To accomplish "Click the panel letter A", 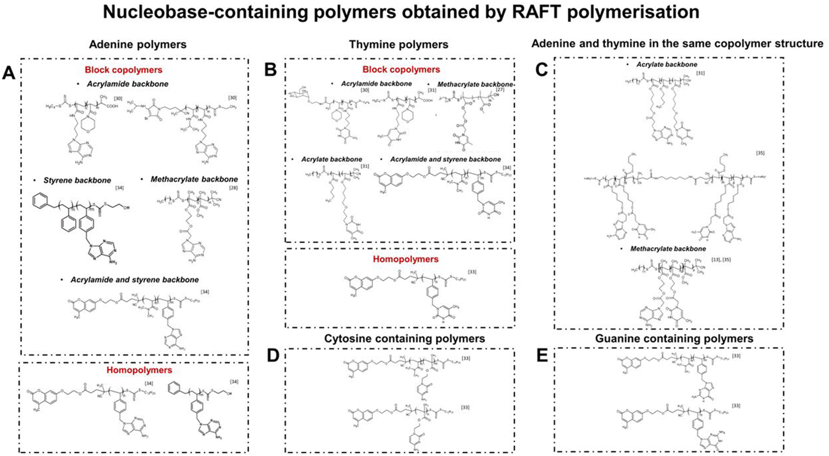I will (9, 74).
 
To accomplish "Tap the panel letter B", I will (271, 70).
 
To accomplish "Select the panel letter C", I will (541, 70).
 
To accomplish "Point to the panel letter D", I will (273, 356).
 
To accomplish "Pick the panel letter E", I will (542, 356).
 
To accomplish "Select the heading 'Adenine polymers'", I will (137, 44).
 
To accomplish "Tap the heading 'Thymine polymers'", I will (399, 44).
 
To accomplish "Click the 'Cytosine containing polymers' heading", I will (404, 338).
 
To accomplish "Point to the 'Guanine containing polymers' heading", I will (674, 338).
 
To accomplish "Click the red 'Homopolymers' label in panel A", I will (139, 370).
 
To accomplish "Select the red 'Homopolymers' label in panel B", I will (406, 259).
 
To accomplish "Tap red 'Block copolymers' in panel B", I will (401, 70).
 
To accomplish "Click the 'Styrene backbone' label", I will (77, 181).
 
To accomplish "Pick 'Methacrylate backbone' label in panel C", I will (668, 249).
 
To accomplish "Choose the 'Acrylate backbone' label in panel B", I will (332, 159).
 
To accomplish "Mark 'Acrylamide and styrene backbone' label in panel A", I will (135, 280).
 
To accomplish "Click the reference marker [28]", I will (233, 188).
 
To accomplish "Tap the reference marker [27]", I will (500, 89).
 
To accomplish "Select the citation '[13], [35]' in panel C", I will (721, 260).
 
